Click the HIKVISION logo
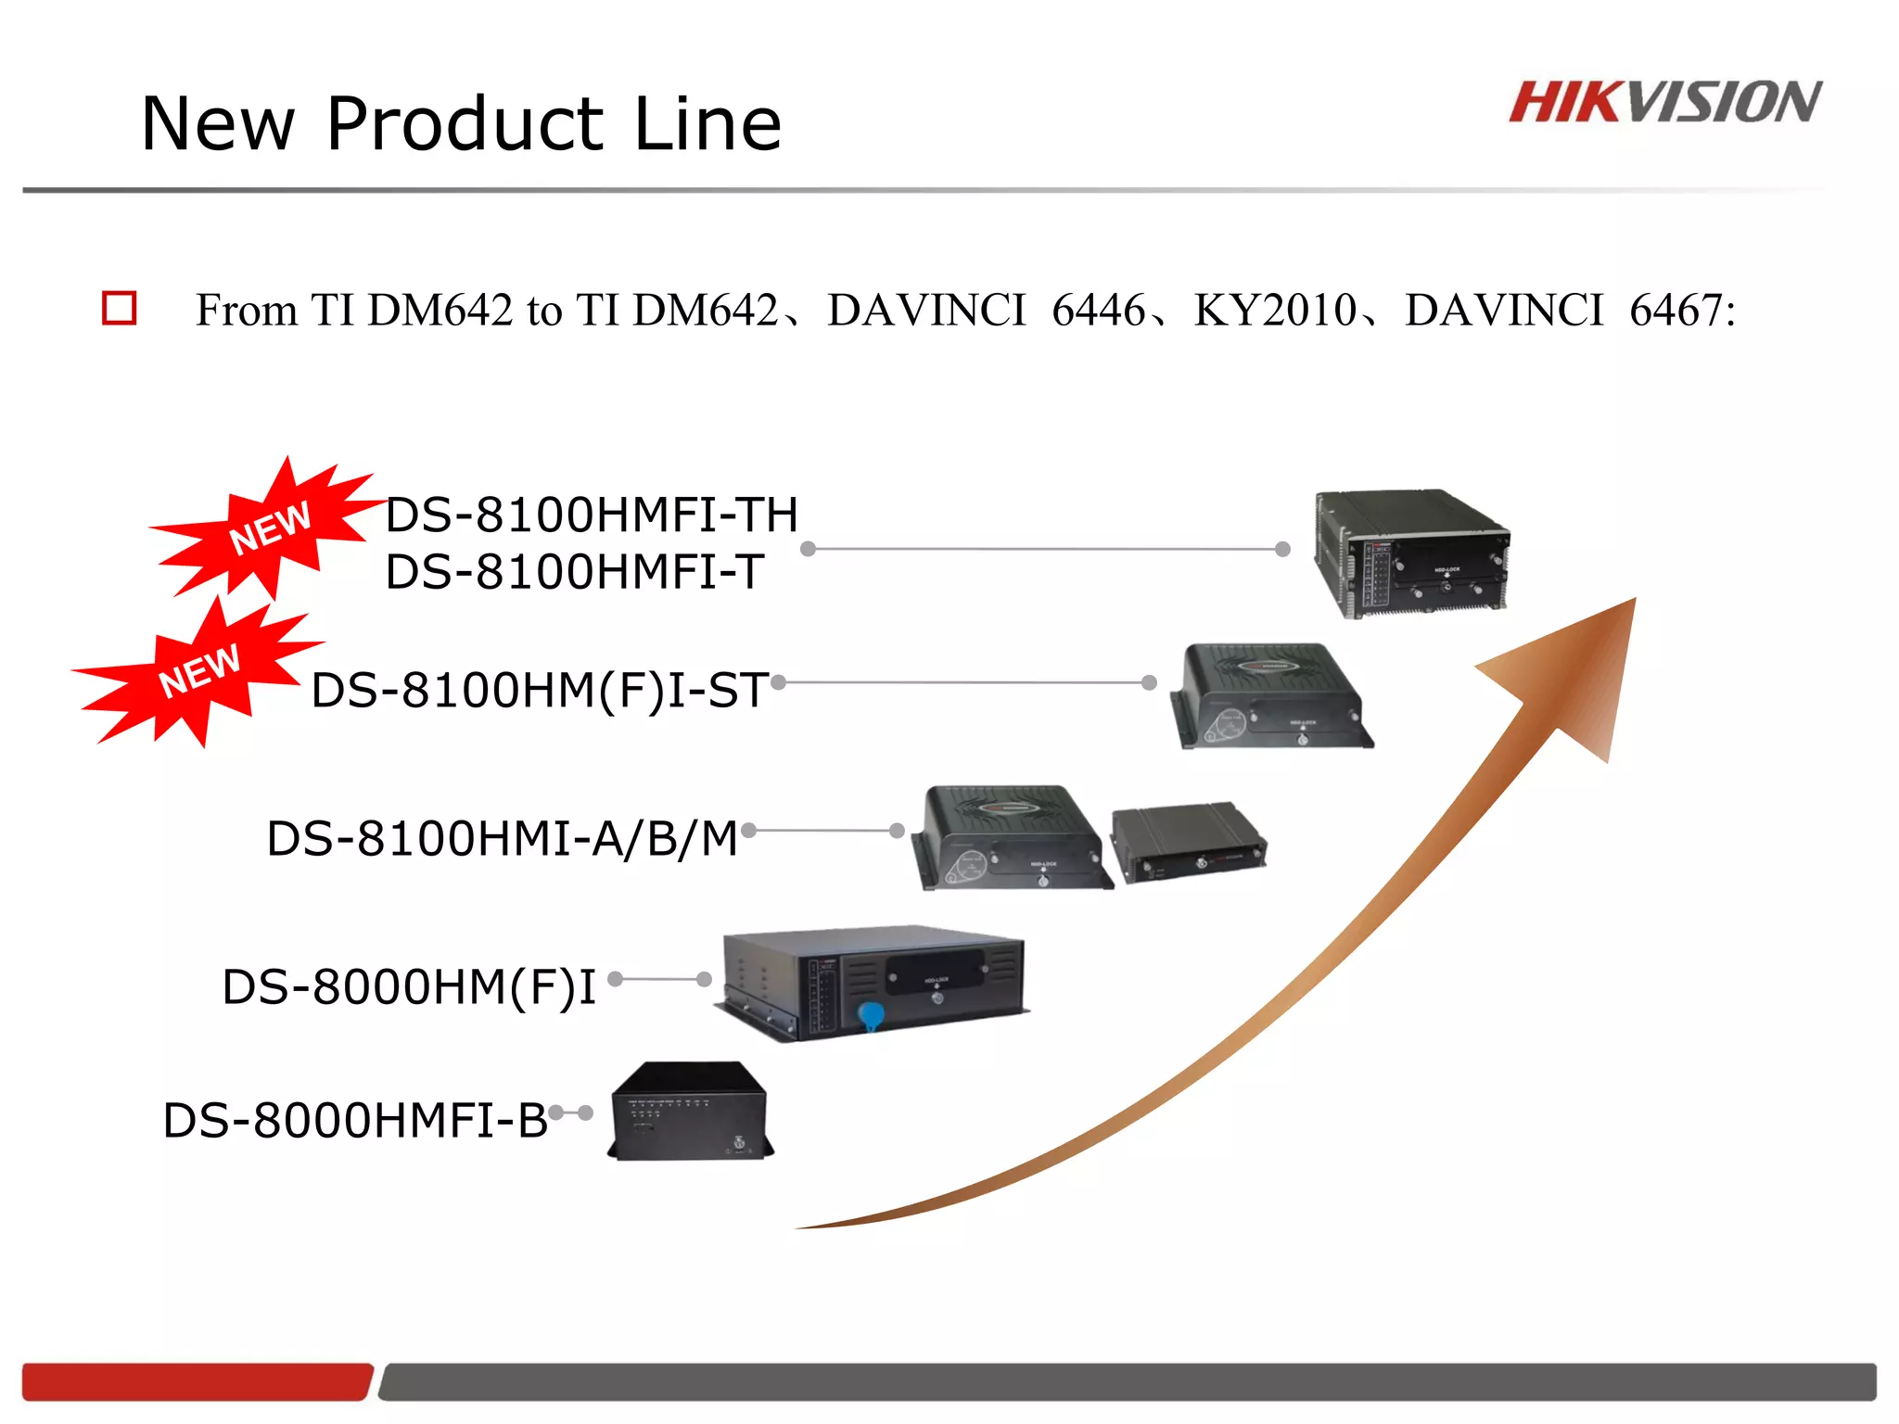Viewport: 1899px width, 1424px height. [x=1664, y=102]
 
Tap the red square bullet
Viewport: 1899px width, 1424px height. [x=120, y=308]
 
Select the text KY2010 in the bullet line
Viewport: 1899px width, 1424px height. [x=1275, y=310]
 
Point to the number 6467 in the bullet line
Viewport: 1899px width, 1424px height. [x=1676, y=310]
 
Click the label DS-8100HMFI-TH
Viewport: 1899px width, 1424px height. [x=592, y=515]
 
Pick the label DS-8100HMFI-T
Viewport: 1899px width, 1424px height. [x=575, y=572]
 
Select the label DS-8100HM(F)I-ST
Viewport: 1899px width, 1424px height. [x=539, y=691]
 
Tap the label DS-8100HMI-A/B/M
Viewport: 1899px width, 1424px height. [x=502, y=839]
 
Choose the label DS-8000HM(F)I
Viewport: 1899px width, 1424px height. [x=409, y=987]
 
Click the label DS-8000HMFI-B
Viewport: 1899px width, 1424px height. [x=355, y=1121]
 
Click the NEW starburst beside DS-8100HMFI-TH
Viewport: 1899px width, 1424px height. [x=269, y=527]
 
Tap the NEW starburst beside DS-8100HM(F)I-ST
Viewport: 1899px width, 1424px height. [x=199, y=670]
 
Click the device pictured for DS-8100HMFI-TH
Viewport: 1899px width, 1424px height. [x=1411, y=553]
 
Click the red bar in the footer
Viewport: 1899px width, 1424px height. [x=197, y=1381]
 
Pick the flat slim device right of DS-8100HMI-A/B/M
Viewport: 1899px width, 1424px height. [x=1189, y=842]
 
